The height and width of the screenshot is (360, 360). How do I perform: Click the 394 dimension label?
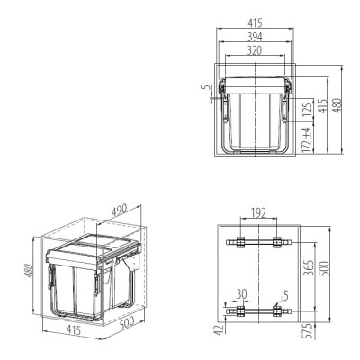tap(255, 37)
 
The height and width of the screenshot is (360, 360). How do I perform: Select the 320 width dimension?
tap(255, 50)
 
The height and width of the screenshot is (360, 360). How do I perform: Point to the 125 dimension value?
tap(307, 110)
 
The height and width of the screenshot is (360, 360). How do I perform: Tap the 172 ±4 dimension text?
tap(307, 140)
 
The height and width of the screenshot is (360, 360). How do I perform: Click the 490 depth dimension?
tap(120, 211)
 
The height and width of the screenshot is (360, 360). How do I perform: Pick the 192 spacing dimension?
tap(258, 213)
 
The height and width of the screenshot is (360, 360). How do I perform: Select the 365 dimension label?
tap(308, 267)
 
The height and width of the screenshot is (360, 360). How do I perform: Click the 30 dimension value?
tap(241, 293)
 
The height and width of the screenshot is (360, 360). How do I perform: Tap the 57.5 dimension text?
tap(309, 331)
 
